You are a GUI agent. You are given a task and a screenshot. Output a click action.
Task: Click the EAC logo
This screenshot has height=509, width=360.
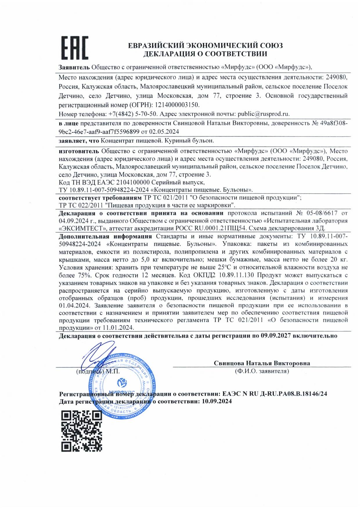75,48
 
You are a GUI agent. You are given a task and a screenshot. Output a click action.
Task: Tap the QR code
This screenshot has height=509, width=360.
82,431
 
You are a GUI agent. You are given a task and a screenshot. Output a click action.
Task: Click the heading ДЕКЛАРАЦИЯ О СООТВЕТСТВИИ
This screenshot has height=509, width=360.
205,54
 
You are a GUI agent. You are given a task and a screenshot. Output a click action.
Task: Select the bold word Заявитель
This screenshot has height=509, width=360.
74,67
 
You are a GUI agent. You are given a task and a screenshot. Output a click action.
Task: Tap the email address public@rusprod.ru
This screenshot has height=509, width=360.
263,114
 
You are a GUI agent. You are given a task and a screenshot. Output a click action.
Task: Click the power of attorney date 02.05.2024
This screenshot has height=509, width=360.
164,131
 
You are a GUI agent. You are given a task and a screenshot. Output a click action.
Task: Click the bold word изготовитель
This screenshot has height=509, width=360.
79,151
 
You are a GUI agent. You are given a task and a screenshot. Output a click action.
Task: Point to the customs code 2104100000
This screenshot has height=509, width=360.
133,182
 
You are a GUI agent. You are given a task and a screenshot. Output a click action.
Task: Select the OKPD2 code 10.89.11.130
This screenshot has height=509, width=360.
236,275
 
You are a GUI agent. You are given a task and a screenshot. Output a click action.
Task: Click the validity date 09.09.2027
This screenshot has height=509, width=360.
276,336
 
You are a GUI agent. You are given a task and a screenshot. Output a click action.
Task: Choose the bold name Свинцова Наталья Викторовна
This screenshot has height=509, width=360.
262,363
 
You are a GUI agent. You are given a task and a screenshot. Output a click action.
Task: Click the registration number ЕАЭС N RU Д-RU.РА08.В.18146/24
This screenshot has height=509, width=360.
275,394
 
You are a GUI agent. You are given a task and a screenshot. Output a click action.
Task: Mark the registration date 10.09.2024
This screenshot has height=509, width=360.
217,401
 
